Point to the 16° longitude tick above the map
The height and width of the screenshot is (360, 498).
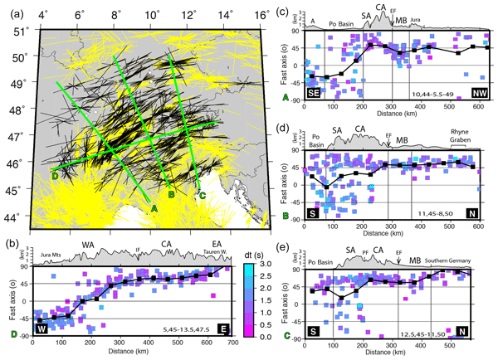click(261, 16)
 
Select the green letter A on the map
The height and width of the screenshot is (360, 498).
click(154, 209)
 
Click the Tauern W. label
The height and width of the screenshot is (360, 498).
click(217, 250)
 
